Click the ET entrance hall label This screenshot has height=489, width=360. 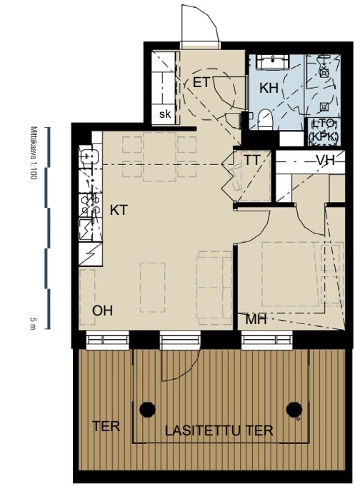201,83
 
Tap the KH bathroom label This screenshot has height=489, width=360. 269,89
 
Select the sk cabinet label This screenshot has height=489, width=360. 165,114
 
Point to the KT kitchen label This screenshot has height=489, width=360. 119,210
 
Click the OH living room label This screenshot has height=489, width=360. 102,311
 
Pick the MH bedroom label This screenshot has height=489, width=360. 256,319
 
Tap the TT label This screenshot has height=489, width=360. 251,161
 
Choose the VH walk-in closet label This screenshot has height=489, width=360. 326,161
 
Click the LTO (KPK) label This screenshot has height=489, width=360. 324,131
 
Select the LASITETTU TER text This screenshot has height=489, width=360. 219,430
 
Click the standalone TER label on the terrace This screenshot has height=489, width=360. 106,426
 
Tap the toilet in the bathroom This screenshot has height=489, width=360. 266,119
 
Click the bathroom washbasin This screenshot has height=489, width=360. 273,61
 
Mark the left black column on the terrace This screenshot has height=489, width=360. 147,409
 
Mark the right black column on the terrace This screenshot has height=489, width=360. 294,409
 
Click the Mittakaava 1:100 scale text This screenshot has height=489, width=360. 34,153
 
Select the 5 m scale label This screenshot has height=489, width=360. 33,323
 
